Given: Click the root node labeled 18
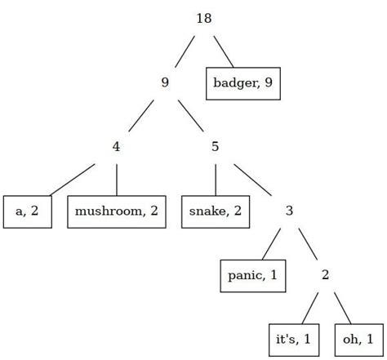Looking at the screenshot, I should click(204, 18).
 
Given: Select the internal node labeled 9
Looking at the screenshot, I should click(165, 82).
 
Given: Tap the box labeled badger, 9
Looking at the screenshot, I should click(242, 82).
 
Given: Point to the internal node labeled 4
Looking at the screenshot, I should click(117, 147).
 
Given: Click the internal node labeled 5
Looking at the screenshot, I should click(216, 147).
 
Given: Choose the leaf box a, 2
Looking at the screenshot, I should click(28, 211).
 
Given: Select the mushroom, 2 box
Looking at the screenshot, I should click(117, 211).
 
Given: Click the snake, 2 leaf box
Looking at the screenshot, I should click(216, 211).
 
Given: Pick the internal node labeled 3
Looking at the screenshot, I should click(290, 211).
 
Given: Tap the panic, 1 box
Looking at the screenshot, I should click(251, 275).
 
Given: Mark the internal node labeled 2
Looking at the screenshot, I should click(325, 275).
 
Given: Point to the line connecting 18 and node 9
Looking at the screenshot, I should click(185, 51).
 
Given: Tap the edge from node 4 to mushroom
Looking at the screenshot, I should click(117, 179).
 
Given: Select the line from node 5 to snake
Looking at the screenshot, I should click(216, 179).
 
